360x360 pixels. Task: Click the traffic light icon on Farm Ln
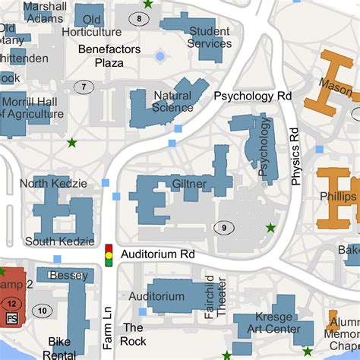(x=109, y=254)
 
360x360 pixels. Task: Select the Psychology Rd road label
(x=253, y=96)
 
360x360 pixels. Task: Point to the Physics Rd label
(x=295, y=156)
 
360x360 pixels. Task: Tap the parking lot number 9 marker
(x=223, y=227)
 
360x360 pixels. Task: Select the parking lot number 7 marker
(x=84, y=87)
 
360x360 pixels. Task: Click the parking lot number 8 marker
(x=139, y=17)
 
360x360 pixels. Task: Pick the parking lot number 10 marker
(x=43, y=310)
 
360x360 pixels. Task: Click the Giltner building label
(x=189, y=184)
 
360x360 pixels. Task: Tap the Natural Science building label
(x=172, y=102)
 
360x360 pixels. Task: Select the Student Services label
(x=210, y=37)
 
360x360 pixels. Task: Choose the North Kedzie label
(x=53, y=183)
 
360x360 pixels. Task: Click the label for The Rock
(x=134, y=334)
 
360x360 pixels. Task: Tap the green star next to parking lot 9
(x=270, y=228)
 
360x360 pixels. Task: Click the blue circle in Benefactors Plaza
(x=159, y=56)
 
